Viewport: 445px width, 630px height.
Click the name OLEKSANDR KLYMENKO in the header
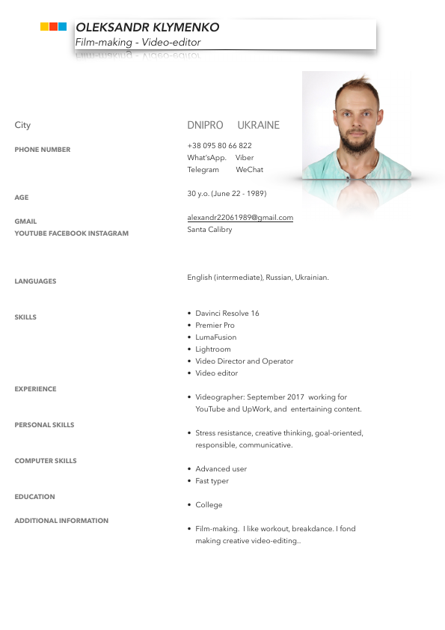[x=147, y=28]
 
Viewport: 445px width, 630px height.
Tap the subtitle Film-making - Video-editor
[x=138, y=43]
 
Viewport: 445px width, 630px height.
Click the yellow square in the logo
[x=45, y=27]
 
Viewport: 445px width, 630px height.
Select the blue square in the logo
[x=63, y=27]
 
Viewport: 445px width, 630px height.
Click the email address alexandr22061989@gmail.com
[x=240, y=218]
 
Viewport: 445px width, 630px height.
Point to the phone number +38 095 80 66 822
[x=219, y=146]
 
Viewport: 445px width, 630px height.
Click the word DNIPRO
[x=205, y=125]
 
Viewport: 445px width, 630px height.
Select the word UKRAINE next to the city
[x=258, y=125]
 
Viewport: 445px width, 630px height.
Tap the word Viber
[x=245, y=158]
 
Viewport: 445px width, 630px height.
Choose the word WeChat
[x=249, y=170]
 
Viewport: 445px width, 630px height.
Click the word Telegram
[x=203, y=170]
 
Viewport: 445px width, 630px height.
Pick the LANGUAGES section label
[x=35, y=281]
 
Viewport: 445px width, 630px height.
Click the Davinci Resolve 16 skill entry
[x=227, y=314]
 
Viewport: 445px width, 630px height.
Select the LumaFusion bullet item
[x=215, y=337]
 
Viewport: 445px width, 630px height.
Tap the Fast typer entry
[x=212, y=481]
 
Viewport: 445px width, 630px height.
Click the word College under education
[x=209, y=505]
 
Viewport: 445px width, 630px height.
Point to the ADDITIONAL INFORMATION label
[x=61, y=521]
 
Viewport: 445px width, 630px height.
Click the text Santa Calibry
[x=209, y=230]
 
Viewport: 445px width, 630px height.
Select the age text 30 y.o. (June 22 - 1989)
[x=227, y=194]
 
